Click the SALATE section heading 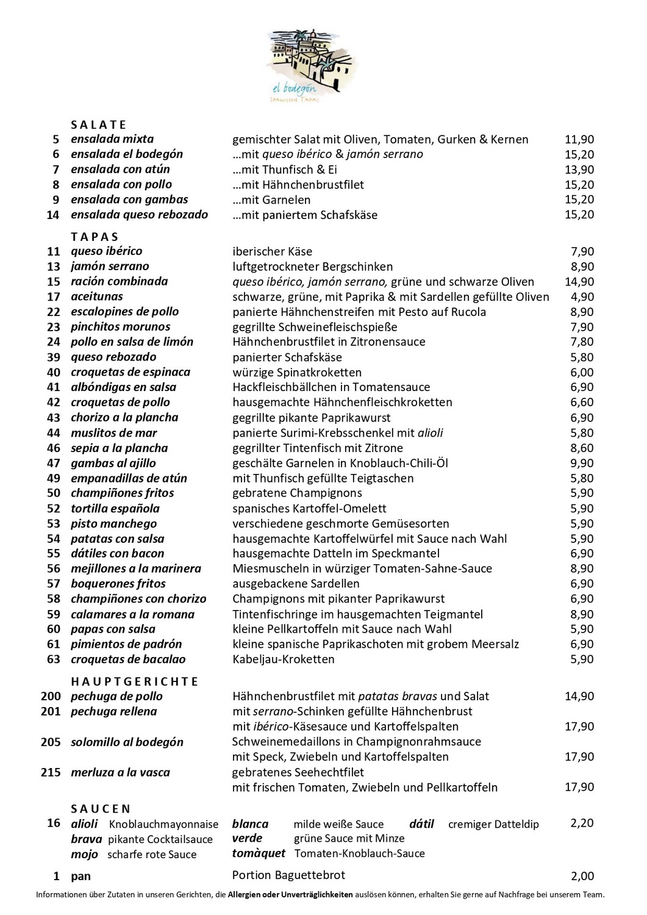click(98, 125)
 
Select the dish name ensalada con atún click(120, 169)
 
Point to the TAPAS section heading click(95, 237)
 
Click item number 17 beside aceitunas click(54, 297)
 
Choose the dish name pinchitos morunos click(120, 327)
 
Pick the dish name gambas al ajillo click(113, 463)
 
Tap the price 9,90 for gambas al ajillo click(582, 463)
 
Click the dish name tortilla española click(115, 508)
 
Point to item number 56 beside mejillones click(54, 569)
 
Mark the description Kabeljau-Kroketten click(284, 659)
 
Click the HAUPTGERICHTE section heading click(135, 681)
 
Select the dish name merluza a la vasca click(120, 772)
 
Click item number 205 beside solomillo click(51, 742)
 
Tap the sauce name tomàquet click(259, 853)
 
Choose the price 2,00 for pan click(582, 877)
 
